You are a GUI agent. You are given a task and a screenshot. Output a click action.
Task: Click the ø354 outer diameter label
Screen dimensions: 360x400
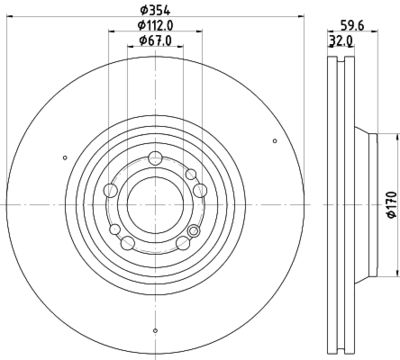tap(153, 10)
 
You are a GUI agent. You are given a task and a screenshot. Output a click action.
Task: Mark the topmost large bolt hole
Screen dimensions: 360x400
tap(155, 157)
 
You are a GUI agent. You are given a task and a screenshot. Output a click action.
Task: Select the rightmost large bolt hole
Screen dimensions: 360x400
tap(200, 189)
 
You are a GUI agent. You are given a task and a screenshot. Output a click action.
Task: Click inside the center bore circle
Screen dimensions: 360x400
tap(155, 204)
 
